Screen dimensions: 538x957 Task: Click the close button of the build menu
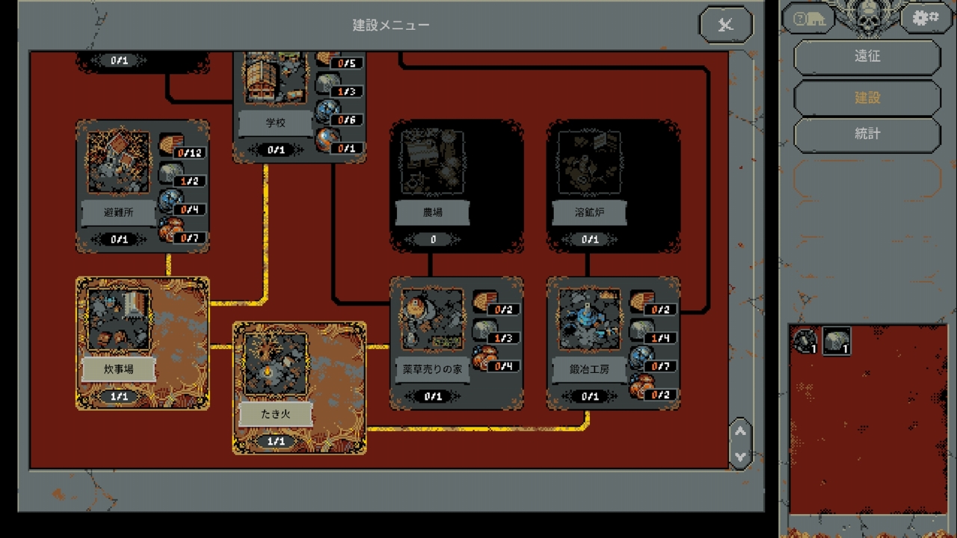(x=724, y=25)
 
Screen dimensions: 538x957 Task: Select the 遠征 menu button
(x=867, y=57)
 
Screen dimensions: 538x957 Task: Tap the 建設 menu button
(x=867, y=98)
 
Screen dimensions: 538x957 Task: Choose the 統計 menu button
(x=867, y=134)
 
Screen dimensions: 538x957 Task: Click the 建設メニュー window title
(x=391, y=25)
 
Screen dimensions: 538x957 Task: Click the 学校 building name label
(x=275, y=123)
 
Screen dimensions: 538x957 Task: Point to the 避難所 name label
(x=118, y=212)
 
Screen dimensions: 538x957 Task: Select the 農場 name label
(x=432, y=212)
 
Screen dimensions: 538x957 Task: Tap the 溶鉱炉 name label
(x=589, y=212)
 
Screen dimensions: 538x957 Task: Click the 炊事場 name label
(x=118, y=369)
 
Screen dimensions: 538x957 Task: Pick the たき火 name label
(x=275, y=414)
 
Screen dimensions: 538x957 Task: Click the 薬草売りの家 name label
(x=432, y=369)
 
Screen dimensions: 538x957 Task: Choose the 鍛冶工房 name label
(x=589, y=369)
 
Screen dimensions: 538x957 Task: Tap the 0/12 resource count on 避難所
(x=189, y=153)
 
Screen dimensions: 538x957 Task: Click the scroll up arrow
(x=740, y=431)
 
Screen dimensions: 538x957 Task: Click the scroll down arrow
(x=740, y=456)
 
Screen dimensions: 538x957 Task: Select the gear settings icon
(x=926, y=18)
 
